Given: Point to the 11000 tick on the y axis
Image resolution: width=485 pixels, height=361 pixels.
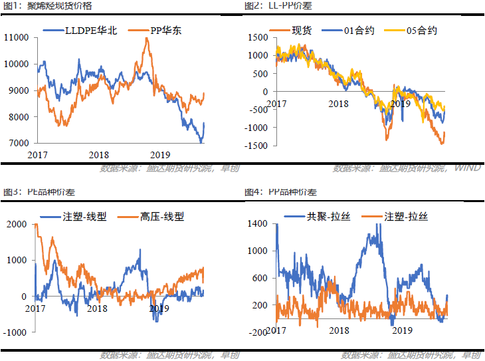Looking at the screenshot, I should click(17, 37).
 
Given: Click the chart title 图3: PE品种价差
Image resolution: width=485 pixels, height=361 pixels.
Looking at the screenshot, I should click(39, 192).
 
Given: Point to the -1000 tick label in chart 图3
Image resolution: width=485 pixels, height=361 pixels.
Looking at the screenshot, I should click(15, 331).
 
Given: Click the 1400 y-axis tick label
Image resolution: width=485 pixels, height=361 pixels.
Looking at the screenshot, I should click(258, 224).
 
